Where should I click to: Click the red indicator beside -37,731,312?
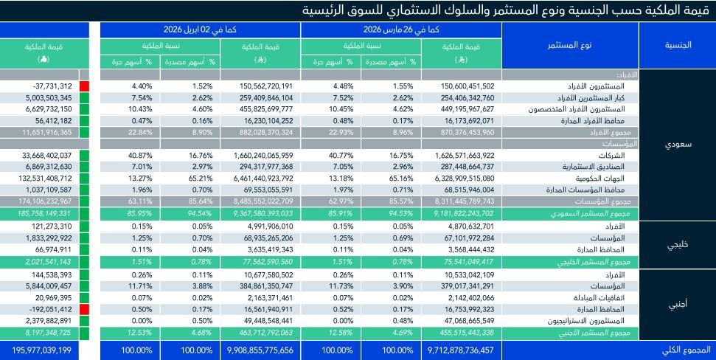[x=84, y=86]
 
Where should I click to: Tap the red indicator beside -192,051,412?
[x=84, y=310]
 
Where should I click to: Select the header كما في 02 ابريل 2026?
[x=201, y=30]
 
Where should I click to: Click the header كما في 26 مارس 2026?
[x=401, y=30]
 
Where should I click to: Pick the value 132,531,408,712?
[x=41, y=178]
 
